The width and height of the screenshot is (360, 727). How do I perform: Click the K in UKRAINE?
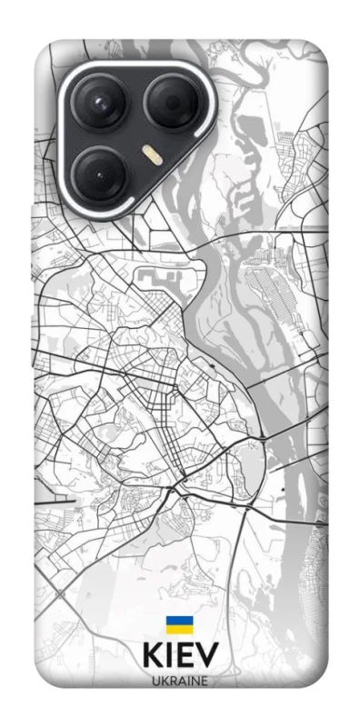(163, 682)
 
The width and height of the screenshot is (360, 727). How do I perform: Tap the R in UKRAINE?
(172, 682)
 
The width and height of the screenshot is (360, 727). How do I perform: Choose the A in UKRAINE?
(181, 682)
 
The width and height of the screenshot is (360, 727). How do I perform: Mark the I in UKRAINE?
(188, 682)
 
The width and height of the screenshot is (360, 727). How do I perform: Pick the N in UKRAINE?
(195, 682)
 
